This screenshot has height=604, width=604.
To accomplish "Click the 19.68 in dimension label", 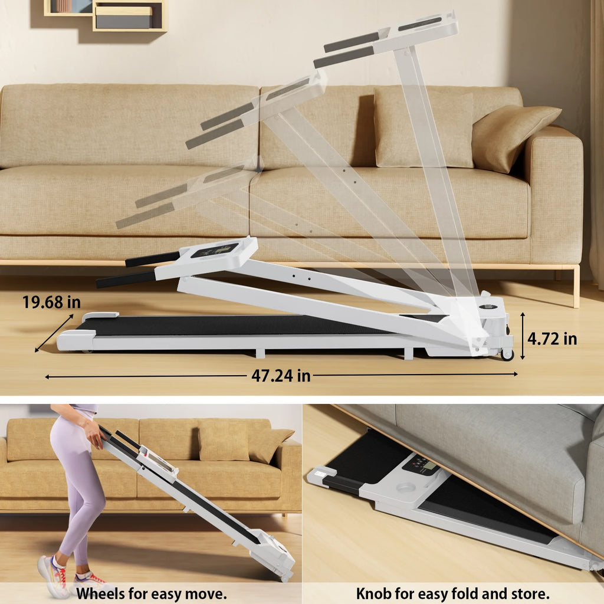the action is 51,302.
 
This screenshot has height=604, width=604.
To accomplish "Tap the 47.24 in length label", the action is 281,376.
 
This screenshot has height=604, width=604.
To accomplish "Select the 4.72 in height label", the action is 552,339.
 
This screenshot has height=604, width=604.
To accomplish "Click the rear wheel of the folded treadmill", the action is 507,354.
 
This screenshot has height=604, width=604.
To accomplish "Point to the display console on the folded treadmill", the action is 215,250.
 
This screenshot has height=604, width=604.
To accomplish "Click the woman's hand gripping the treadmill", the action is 95,438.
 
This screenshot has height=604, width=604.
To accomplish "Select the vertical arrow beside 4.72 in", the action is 523,336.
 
